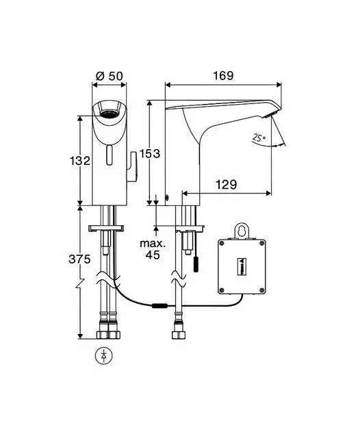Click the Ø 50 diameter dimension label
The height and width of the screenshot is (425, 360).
(110, 76)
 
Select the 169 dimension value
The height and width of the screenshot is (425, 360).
(223, 75)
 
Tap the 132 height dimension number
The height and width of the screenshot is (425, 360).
(80, 161)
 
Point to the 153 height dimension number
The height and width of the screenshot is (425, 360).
(150, 154)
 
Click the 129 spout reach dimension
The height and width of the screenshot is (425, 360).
(226, 185)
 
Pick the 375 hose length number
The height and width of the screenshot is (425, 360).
(79, 259)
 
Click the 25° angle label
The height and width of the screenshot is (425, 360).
(259, 138)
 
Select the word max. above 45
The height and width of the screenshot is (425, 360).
(153, 244)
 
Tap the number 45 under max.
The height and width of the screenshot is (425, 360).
(153, 255)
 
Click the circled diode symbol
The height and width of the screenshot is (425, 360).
(104, 356)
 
